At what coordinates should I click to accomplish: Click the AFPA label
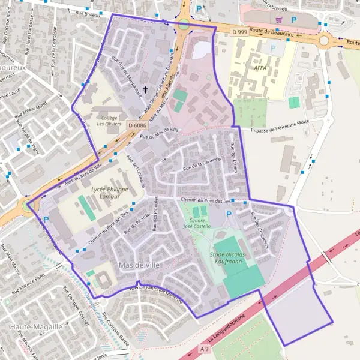[260, 68]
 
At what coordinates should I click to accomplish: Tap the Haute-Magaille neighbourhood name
[35, 326]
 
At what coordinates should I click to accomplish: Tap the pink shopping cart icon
[278, 20]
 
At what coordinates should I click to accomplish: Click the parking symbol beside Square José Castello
[228, 214]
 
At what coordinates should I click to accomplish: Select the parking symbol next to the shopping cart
[293, 20]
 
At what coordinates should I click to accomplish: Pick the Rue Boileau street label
[88, 11]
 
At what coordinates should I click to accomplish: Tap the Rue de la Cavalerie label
[203, 164]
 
